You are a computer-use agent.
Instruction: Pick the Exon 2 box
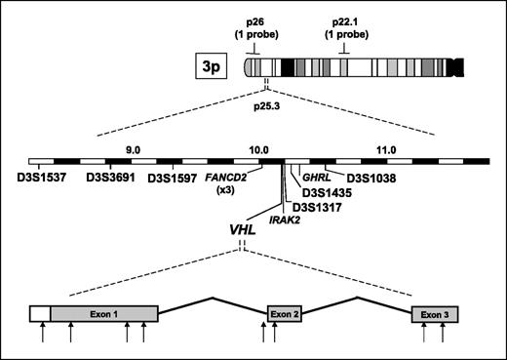point(283,313)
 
